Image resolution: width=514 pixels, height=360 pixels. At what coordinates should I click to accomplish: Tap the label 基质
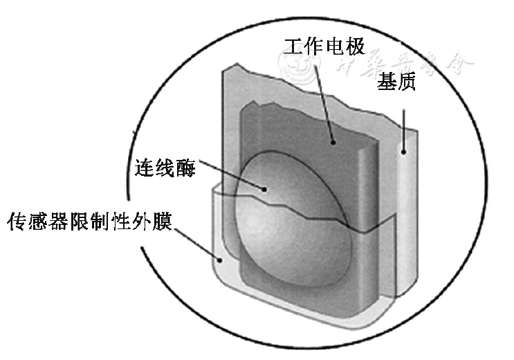point(396,84)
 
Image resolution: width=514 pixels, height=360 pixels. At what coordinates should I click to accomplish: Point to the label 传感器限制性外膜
point(89,224)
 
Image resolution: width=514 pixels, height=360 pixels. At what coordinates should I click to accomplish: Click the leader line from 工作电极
point(326,97)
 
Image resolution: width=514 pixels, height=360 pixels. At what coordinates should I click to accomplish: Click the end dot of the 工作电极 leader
point(333,143)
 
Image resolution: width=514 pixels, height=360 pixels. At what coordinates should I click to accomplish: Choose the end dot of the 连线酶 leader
point(263,188)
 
